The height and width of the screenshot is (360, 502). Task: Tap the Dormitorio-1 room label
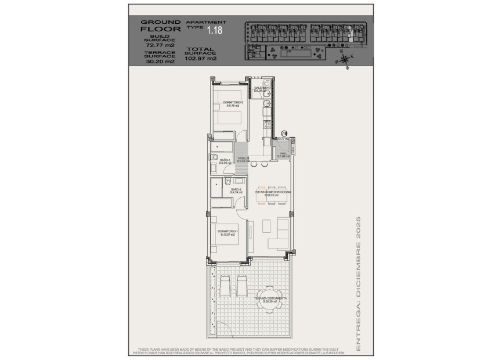coord(227,232)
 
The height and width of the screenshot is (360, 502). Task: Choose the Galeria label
coord(259,89)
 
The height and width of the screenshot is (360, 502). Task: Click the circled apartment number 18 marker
coord(284,133)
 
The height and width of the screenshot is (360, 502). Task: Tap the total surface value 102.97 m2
coord(200,58)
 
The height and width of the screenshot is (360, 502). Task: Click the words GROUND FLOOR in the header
coord(160,26)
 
